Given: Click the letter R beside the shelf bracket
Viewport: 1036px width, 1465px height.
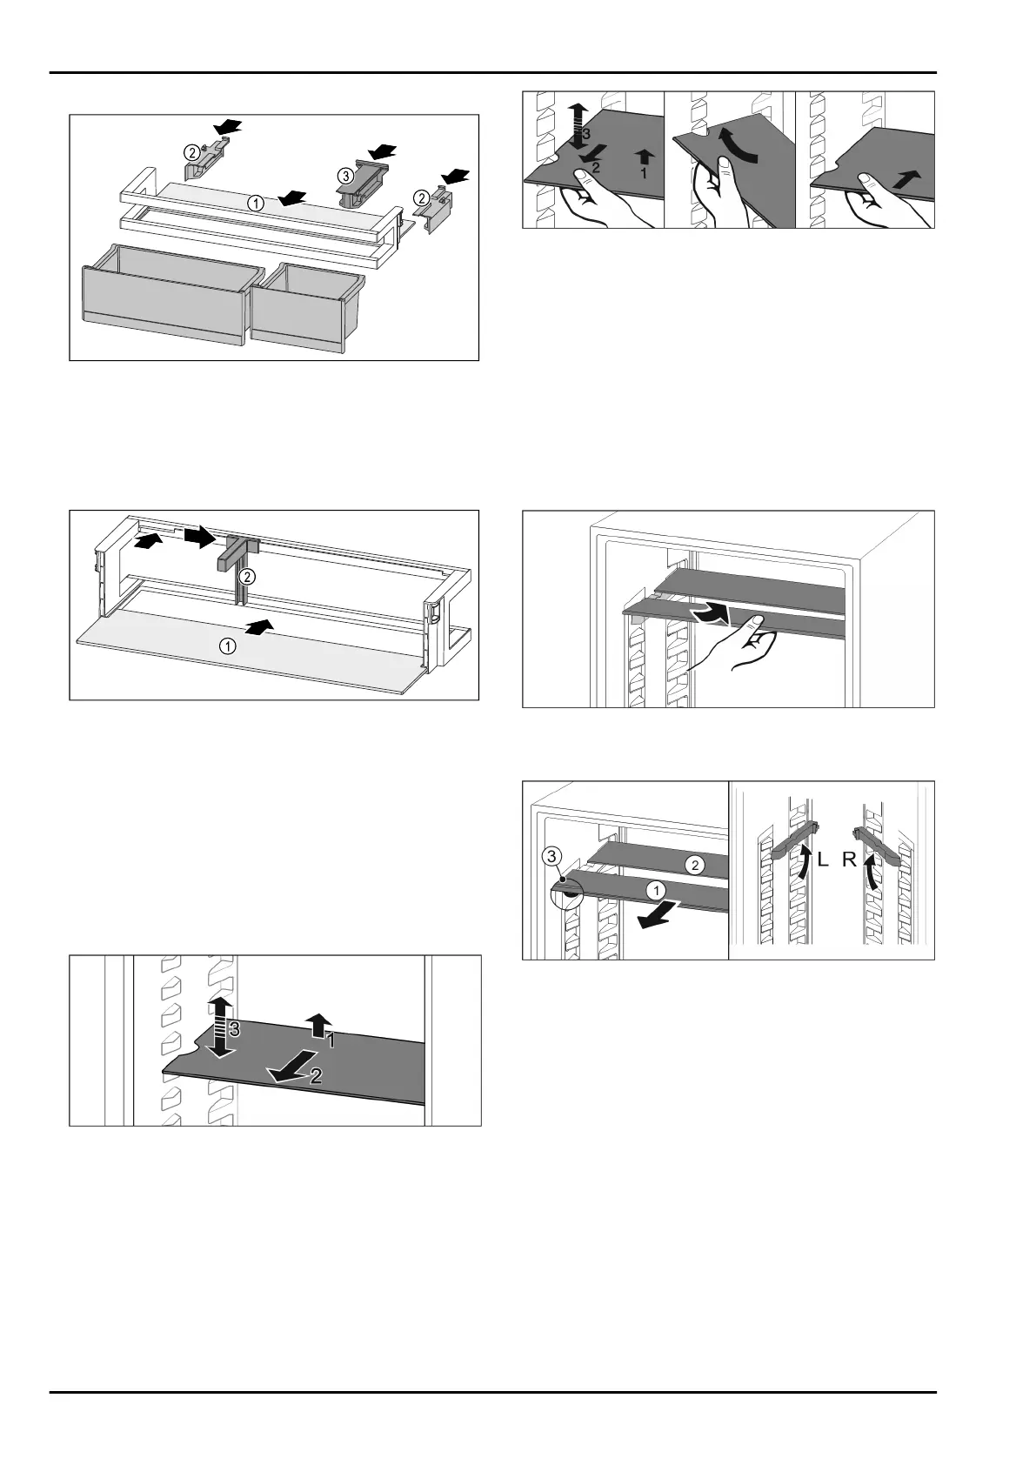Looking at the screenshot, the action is point(849,860).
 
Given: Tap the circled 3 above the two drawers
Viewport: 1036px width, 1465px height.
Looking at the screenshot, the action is point(344,176).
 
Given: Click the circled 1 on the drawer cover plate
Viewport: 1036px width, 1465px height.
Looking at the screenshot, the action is point(255,203).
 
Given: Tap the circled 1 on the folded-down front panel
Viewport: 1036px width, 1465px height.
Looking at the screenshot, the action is point(226,646).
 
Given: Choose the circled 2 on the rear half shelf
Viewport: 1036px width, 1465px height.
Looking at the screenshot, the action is point(694,866).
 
